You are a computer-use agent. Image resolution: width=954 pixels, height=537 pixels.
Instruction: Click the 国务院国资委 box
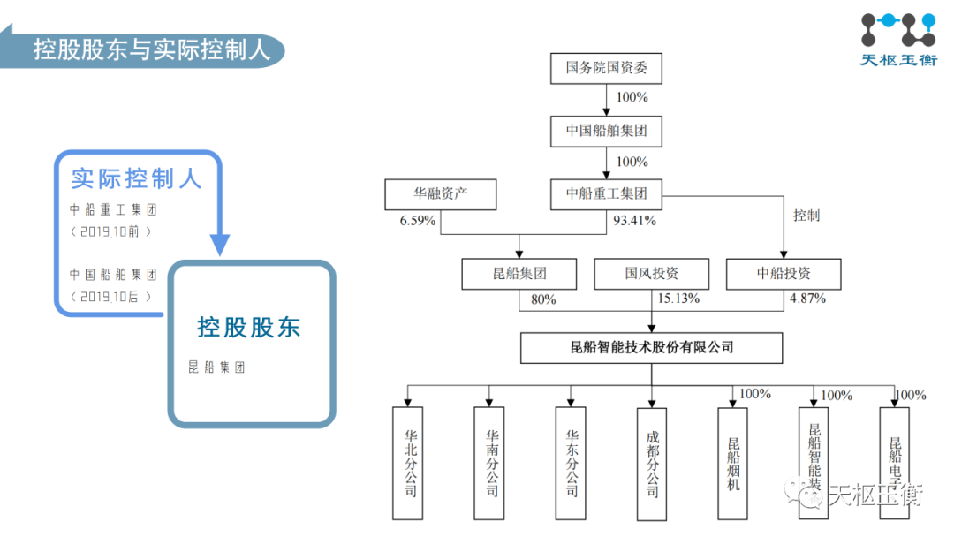[x=606, y=68]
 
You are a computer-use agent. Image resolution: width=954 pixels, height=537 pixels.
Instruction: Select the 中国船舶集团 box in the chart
[x=606, y=132]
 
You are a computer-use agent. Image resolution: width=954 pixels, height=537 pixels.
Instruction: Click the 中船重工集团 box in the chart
[x=606, y=194]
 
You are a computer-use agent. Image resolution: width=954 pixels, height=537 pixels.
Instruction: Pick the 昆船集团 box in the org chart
[x=519, y=274]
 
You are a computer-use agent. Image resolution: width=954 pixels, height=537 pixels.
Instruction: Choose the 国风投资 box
[x=651, y=274]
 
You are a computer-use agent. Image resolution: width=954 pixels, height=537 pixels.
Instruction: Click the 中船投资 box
[x=784, y=274]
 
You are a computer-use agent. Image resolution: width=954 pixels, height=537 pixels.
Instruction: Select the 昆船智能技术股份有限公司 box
[x=651, y=347]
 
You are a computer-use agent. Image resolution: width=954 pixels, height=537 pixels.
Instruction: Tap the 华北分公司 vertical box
[x=408, y=462]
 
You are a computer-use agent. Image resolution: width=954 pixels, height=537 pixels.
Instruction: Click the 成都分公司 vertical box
[x=652, y=462]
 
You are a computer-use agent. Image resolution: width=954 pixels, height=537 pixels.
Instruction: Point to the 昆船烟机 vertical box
[x=733, y=462]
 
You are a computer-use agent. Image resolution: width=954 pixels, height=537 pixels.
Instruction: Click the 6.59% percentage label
[x=418, y=221]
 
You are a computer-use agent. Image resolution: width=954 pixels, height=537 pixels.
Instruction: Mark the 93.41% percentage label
[x=634, y=221]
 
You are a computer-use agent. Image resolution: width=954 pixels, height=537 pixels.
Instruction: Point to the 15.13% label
[x=678, y=299]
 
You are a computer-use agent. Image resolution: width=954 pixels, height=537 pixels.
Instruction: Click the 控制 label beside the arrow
[x=806, y=216]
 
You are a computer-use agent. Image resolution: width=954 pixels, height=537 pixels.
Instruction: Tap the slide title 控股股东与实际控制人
[x=151, y=48]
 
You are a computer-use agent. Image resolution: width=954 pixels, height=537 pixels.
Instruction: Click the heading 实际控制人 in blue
[x=137, y=178]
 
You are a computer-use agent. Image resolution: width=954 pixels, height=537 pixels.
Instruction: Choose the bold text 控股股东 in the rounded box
[x=249, y=328]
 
